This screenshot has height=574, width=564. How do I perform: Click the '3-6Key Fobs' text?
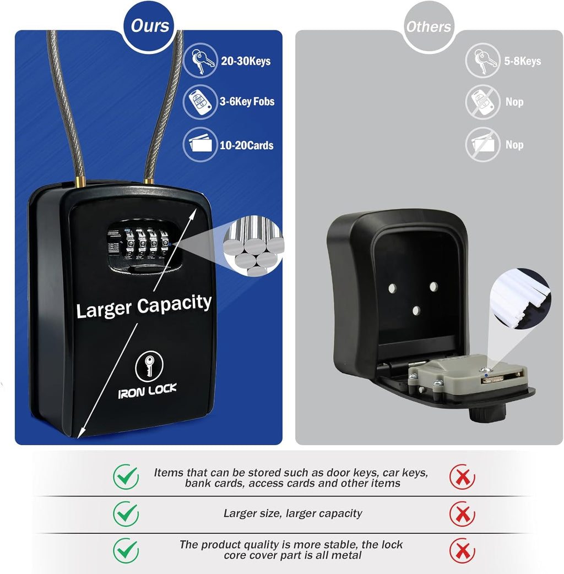[x=247, y=102]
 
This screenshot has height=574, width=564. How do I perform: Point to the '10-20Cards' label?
[x=247, y=145]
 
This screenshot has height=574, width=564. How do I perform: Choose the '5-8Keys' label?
[x=523, y=61]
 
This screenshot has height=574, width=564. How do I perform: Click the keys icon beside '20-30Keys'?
[x=200, y=61]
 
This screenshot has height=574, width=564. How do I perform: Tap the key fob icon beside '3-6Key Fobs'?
[x=200, y=102]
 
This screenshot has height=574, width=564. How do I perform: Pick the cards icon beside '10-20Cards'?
[x=200, y=145]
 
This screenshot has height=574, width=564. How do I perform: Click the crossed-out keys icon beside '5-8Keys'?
[x=482, y=61]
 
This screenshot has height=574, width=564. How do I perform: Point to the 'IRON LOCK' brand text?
[x=148, y=389]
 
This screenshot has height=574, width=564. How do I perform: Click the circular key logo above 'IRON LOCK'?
[x=148, y=365]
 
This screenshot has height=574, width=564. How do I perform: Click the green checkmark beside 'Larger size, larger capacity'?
[x=126, y=513]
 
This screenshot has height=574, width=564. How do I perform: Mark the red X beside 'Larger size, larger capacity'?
[x=462, y=513]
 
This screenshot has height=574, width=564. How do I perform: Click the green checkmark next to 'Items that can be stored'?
[x=126, y=477]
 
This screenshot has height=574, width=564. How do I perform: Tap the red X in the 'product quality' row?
[x=462, y=550]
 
